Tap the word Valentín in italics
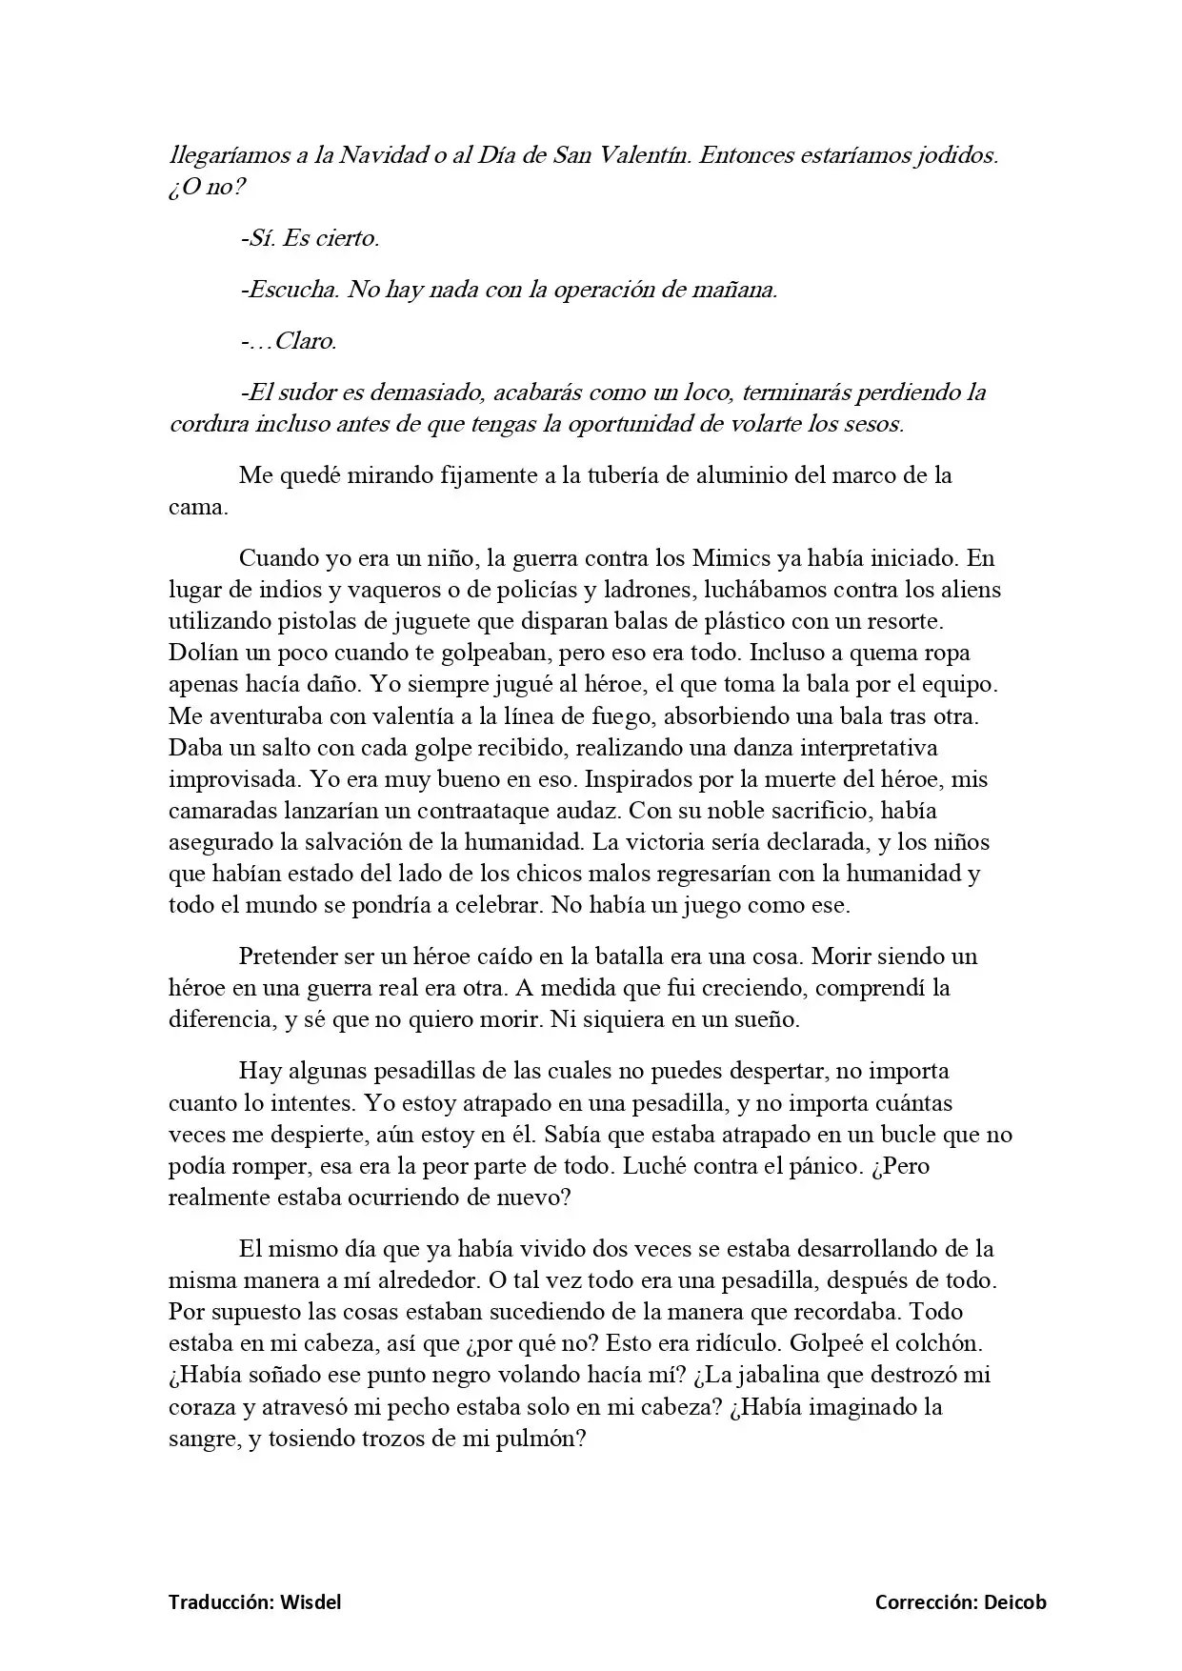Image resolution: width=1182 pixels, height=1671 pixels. (644, 155)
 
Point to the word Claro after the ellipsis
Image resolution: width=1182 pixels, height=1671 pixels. (306, 340)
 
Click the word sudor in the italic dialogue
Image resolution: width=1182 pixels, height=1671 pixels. (314, 392)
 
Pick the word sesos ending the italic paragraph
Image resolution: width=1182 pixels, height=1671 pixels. (874, 424)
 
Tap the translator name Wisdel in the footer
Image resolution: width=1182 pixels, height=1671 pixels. (311, 1602)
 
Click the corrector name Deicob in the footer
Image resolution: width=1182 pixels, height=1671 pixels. (1013, 1602)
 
